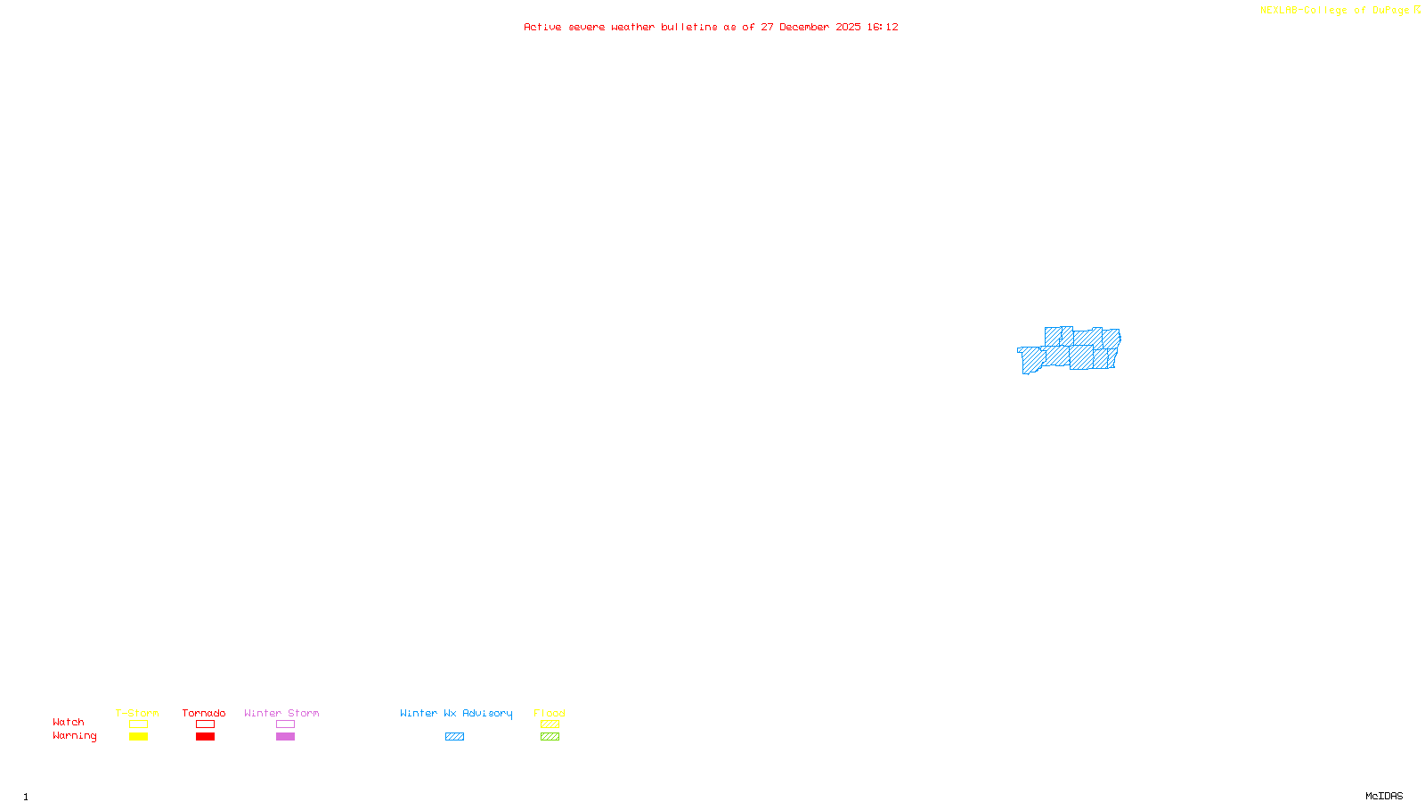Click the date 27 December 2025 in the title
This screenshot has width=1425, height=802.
tap(810, 28)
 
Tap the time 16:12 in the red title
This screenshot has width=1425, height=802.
tap(883, 28)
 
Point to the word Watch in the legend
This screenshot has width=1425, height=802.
tap(69, 723)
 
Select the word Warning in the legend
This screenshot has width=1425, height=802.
tap(74, 736)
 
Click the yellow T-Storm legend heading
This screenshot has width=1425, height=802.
tap(137, 713)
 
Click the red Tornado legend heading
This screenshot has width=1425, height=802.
tap(204, 713)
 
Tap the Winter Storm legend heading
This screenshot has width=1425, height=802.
tap(281, 713)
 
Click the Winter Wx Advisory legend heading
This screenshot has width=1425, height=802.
tap(456, 713)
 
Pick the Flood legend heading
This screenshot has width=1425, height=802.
tap(550, 713)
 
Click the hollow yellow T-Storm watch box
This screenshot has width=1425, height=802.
tap(138, 724)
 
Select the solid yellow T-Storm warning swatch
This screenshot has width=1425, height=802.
tap(138, 737)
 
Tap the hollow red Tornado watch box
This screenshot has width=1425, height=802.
tap(205, 724)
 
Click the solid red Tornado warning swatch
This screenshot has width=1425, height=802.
tap(205, 737)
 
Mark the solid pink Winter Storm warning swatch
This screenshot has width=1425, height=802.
tap(285, 737)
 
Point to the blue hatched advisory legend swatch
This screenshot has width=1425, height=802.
tap(454, 737)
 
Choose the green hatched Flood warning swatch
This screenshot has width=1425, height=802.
tap(550, 737)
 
